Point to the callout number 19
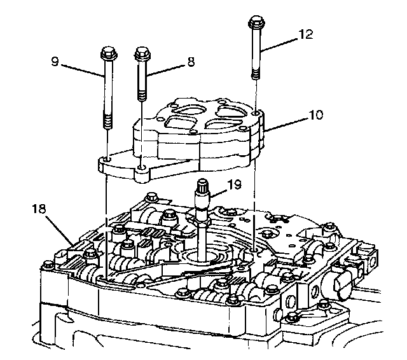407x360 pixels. (x=236, y=185)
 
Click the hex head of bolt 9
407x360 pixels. (x=106, y=52)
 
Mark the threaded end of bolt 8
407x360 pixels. (x=141, y=92)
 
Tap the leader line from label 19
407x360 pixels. (x=219, y=190)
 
